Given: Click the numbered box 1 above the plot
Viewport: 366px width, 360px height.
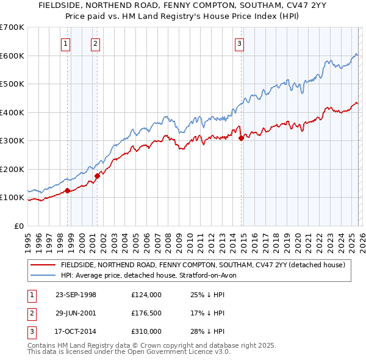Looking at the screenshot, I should (65, 43).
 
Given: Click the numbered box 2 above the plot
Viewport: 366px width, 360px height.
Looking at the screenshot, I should (96, 43).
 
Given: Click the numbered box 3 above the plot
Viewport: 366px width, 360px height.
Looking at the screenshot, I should (240, 43).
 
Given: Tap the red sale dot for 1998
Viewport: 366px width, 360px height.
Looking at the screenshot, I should (67, 191).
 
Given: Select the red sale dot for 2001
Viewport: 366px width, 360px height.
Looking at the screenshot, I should (97, 176).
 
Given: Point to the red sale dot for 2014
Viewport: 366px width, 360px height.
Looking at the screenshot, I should (241, 138).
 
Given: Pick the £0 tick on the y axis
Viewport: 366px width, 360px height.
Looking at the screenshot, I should (18, 226).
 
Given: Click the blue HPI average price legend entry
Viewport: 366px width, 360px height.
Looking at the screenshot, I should (152, 275).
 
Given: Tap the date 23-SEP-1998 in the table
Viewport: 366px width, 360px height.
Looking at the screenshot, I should (76, 295).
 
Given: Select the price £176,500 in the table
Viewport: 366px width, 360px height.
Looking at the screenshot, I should (146, 313).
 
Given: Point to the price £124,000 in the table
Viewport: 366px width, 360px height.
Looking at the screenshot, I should (146, 295).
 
